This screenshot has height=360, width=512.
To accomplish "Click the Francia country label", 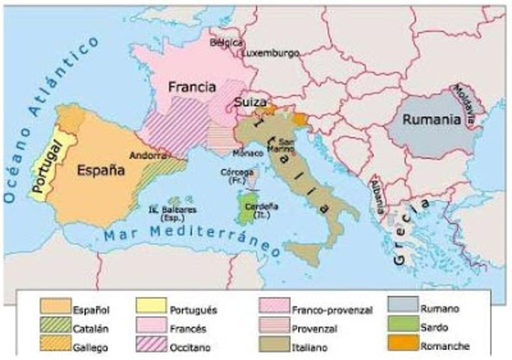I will coord(188,86).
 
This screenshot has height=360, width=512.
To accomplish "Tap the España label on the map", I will coord(100,170).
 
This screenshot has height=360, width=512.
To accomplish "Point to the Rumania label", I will coord(431,119).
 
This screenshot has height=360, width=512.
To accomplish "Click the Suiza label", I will coord(250,102).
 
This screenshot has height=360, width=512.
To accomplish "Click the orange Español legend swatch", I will coord(52,309).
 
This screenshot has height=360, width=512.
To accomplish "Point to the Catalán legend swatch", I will coord(52,327).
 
